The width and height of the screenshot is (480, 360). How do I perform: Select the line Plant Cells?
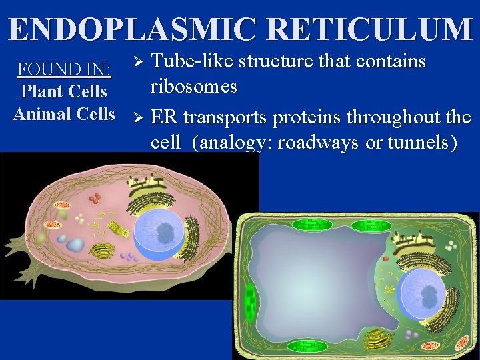pos(64,91)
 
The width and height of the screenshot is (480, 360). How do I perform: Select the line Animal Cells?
pos(64,113)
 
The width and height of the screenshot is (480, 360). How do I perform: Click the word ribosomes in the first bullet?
pos(194,87)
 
